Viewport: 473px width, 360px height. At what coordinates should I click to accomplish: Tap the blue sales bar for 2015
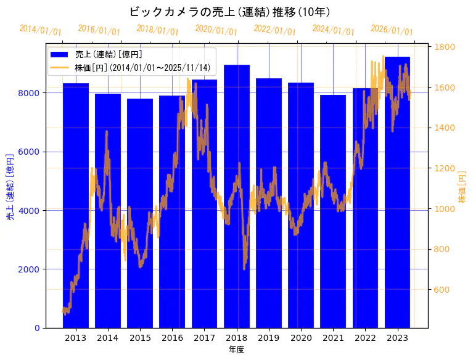tap(140, 213)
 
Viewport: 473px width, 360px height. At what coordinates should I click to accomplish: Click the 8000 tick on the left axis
tap(31, 93)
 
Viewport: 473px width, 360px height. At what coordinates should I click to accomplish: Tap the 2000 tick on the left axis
tap(31, 269)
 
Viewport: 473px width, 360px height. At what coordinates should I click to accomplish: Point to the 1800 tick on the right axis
tap(445, 47)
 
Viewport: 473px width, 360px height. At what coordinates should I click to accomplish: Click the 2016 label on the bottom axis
tap(172, 338)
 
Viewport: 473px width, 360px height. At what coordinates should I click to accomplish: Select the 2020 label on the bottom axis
tap(301, 338)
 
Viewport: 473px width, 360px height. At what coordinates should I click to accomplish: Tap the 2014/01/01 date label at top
tap(41, 30)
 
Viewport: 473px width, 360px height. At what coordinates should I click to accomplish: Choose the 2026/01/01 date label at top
tap(392, 30)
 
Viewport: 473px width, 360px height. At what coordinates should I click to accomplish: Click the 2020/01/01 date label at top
tap(216, 30)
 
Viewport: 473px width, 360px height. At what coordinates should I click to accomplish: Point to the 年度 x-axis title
tap(236, 350)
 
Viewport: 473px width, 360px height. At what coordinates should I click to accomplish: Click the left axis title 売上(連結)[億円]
tap(10, 187)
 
